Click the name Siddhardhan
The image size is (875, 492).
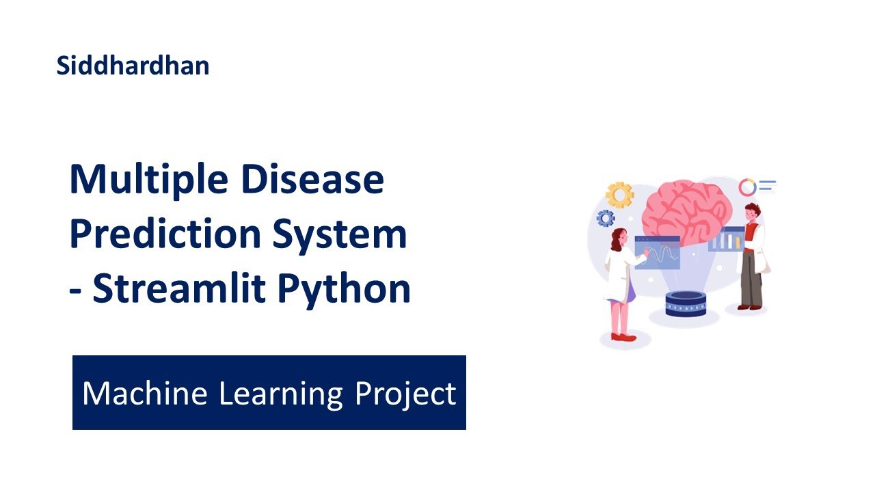tap(133, 66)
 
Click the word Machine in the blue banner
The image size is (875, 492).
tap(144, 394)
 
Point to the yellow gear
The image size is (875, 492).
tap(620, 195)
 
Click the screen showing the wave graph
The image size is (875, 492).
tap(658, 253)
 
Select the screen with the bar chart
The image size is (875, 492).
tap(726, 239)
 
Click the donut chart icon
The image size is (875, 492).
tap(748, 187)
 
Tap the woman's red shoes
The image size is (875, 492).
tap(623, 337)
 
